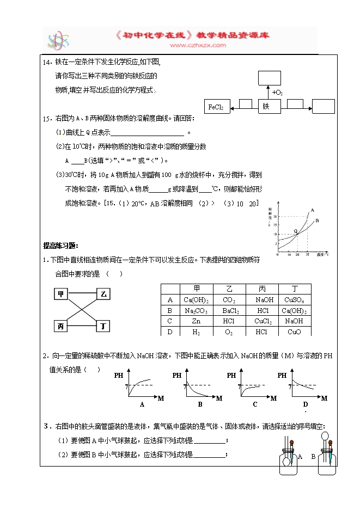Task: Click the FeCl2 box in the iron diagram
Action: [x=217, y=107]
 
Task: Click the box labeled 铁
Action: [x=266, y=107]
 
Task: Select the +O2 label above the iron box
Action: [x=277, y=93]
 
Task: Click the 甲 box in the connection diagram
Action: [x=61, y=295]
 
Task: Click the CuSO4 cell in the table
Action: [x=295, y=299]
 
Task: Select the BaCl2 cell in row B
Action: [x=229, y=310]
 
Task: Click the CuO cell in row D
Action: [x=295, y=332]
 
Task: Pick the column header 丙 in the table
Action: [x=261, y=289]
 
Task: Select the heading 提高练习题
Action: [x=61, y=245]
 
